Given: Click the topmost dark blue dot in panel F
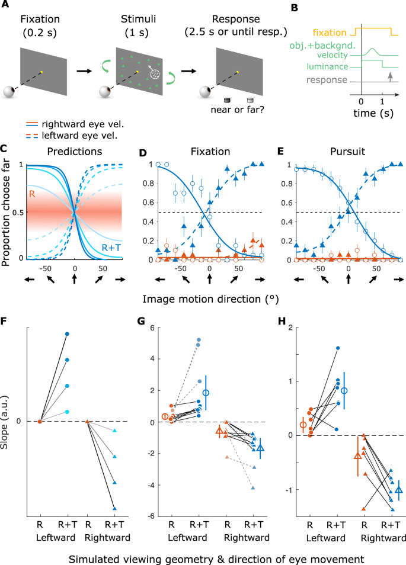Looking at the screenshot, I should click(x=67, y=334).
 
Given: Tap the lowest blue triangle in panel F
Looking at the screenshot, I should click(x=114, y=508).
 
